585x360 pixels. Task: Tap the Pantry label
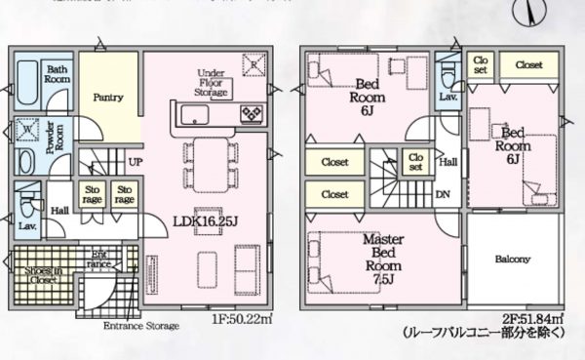point(107,98)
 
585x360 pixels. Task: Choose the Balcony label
point(511,260)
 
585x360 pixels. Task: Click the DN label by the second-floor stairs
point(441,193)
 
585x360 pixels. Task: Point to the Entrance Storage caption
point(142,326)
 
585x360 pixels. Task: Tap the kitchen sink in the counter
point(194,115)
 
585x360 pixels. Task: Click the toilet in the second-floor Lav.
point(448,74)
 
